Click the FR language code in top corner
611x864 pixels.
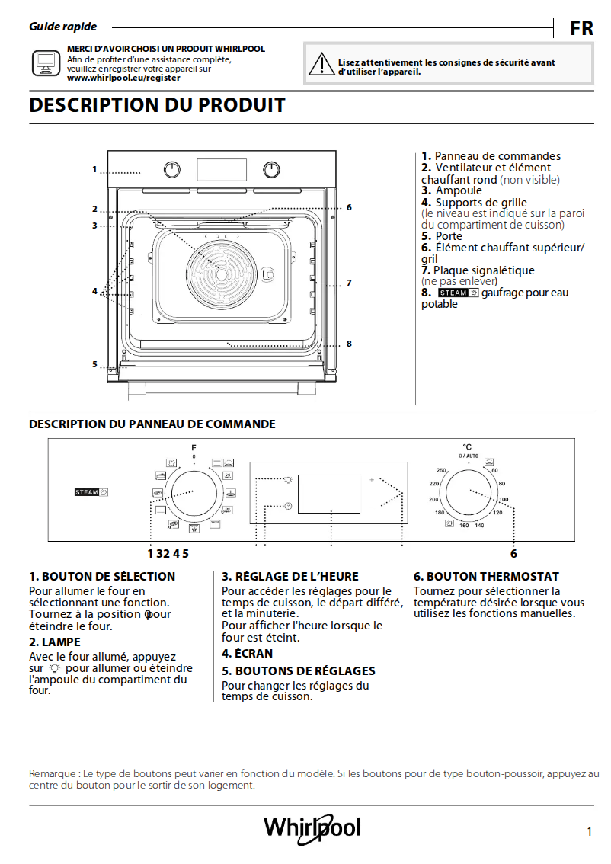(x=581, y=29)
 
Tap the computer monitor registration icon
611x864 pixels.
(x=44, y=62)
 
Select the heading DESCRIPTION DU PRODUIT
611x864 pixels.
(x=157, y=105)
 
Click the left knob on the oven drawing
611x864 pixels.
(x=173, y=169)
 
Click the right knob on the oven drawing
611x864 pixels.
(x=271, y=169)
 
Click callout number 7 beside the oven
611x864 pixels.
(x=349, y=283)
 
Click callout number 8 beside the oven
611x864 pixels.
(x=349, y=344)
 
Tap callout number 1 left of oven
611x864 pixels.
(x=94, y=169)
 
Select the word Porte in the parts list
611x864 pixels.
(x=449, y=236)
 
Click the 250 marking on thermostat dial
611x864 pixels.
(x=440, y=471)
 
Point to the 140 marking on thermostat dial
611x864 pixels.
(x=479, y=526)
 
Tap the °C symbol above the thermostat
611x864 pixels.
(x=467, y=446)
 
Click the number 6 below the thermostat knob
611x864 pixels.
(x=513, y=554)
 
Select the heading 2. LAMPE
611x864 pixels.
(x=54, y=642)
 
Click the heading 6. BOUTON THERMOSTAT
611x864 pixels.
(x=486, y=577)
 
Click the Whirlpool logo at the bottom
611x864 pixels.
(x=311, y=829)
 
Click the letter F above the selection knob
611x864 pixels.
(x=194, y=446)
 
